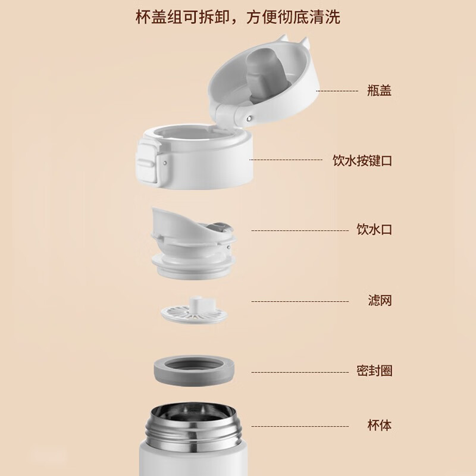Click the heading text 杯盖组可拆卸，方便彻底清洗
pyautogui.click(x=237, y=17)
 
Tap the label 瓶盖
pyautogui.click(x=379, y=90)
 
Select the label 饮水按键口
pyautogui.click(x=362, y=160)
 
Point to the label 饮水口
pyautogui.click(x=374, y=230)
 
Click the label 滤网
pyautogui.click(x=380, y=300)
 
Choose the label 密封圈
pyautogui.click(x=374, y=371)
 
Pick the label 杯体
pyautogui.click(x=380, y=425)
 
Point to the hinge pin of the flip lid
pyautogui.click(x=249, y=118)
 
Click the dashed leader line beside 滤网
pyautogui.click(x=300, y=302)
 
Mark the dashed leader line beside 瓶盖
pyautogui.click(x=337, y=91)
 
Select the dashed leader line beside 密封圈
pyautogui.click(x=300, y=372)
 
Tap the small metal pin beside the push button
pyautogui.click(x=165, y=162)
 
